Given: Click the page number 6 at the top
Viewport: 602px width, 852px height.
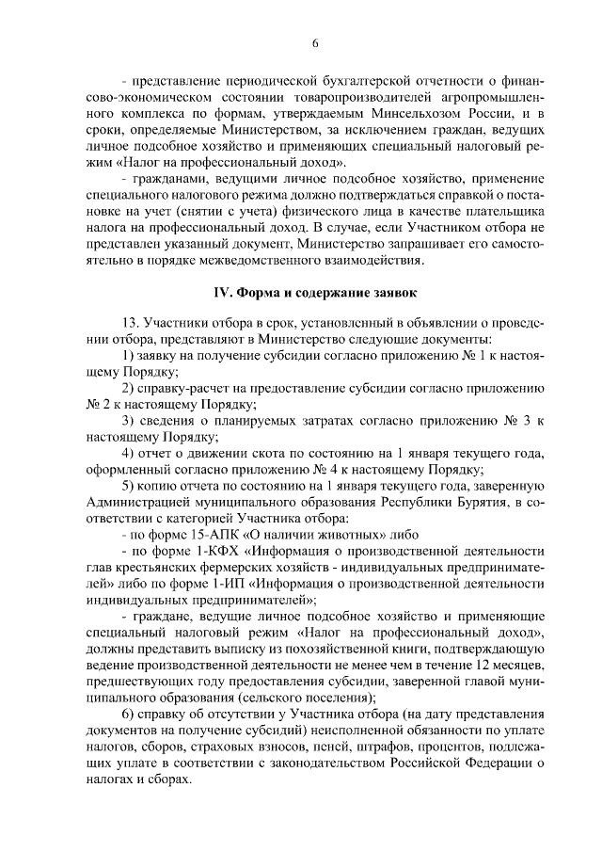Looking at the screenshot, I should (315, 43).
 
